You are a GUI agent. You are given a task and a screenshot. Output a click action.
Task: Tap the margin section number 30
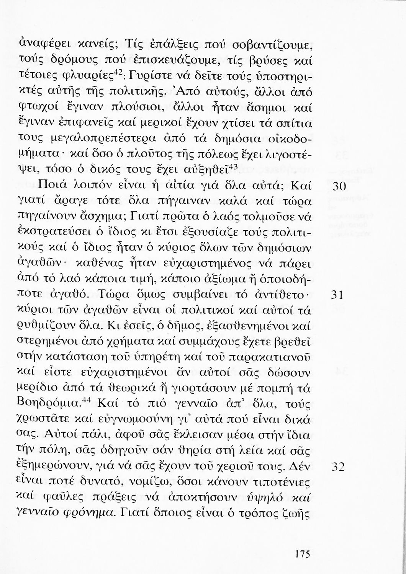pyautogui.click(x=337, y=188)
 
